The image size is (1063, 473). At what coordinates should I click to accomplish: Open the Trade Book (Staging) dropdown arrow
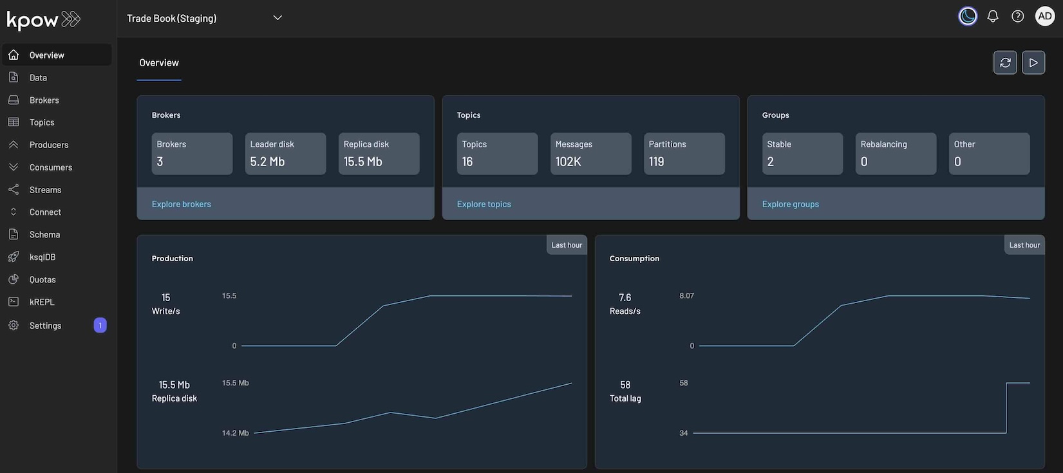pos(278,18)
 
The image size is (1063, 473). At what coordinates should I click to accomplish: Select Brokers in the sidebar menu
pos(44,100)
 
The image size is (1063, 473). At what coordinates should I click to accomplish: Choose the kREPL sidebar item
pos(42,302)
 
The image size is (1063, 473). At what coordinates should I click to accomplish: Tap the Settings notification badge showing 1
pos(100,326)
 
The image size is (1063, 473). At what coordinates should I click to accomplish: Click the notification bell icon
pos(993,17)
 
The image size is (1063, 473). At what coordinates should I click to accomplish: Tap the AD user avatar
pos(1044,17)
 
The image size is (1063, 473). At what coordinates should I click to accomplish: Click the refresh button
pos(1005,62)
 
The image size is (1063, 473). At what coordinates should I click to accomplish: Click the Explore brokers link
pos(182,204)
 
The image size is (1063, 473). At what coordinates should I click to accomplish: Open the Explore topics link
pos(484,204)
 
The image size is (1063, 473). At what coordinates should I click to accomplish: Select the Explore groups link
pos(791,204)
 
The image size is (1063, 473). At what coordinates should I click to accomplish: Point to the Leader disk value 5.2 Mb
pos(267,162)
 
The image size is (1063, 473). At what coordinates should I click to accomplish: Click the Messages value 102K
pos(569,162)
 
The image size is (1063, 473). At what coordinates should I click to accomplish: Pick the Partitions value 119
pos(656,162)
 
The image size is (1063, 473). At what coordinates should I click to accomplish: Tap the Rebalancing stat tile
pos(896,153)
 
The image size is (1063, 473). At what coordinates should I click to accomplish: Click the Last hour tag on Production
pos(567,245)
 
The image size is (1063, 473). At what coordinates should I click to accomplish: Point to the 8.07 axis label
pos(686,296)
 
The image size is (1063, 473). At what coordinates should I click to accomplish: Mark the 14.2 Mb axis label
pos(236,433)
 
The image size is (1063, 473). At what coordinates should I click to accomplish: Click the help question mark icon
pos(1018,17)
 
